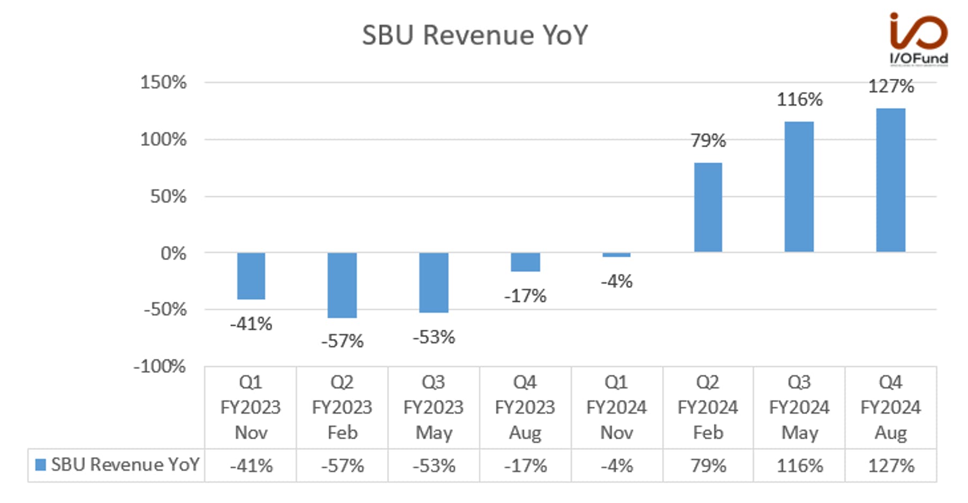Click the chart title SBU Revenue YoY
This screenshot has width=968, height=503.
coord(475,35)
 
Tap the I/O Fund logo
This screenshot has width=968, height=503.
coord(919,39)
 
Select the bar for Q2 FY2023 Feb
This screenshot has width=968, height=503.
coord(342,285)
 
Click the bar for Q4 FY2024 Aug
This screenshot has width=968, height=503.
coord(891,180)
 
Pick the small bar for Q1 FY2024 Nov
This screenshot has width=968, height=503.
coord(616,255)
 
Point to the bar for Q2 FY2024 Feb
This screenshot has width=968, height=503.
coord(708,208)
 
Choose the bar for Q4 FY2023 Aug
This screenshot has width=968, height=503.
coord(525,262)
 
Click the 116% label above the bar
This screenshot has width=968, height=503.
coord(799,100)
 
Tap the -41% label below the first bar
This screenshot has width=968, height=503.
coord(251,324)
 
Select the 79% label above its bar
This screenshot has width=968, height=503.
coord(708,141)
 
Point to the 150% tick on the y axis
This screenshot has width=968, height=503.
coord(163,82)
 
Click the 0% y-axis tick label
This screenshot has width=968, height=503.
coord(173,253)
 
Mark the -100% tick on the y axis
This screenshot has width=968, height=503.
coord(160,367)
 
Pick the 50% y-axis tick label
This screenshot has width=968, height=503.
coord(168,196)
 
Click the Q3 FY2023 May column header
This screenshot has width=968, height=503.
coord(434,408)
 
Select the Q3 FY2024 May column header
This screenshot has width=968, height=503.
coord(799,408)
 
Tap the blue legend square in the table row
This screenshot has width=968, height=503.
coord(40,464)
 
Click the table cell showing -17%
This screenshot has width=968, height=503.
coord(525,466)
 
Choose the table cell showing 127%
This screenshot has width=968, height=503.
coord(891,466)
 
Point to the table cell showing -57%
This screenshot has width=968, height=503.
coord(342,466)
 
